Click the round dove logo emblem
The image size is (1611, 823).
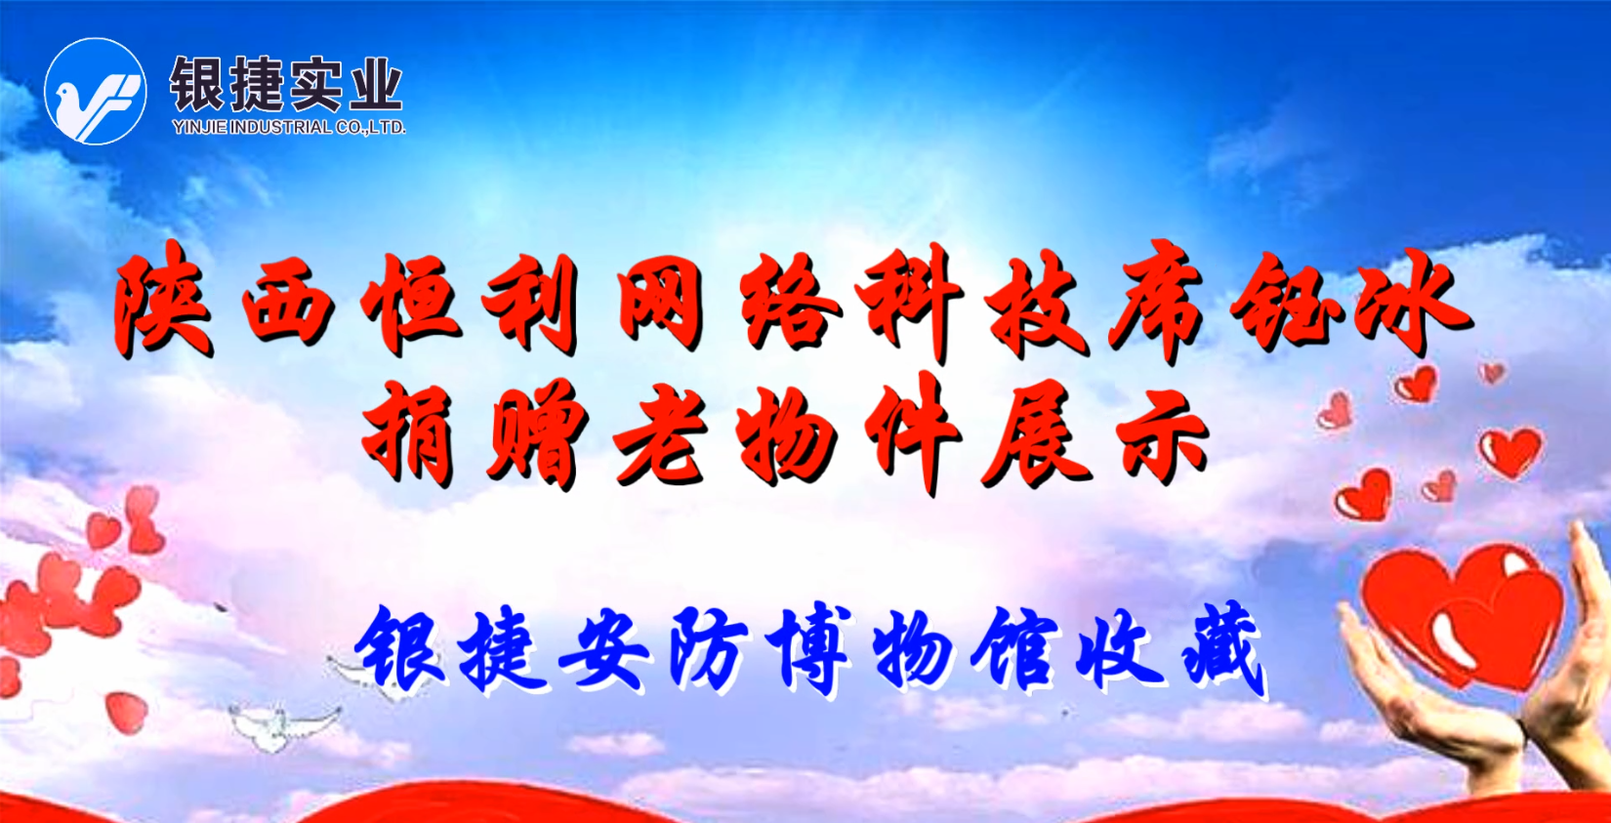[x=96, y=92]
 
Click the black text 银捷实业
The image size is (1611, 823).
[x=285, y=85]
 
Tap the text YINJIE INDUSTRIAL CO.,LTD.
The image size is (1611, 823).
[x=288, y=127]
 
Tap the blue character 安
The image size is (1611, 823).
[x=603, y=648]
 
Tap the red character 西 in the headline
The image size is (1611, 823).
[x=287, y=305]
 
